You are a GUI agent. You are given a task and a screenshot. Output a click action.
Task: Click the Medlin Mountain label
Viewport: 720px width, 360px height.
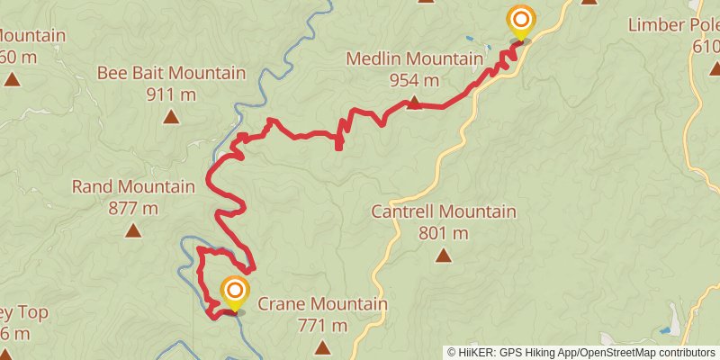tap(414, 59)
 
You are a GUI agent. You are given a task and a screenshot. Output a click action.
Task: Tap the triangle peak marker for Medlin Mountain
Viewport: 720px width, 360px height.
tap(414, 103)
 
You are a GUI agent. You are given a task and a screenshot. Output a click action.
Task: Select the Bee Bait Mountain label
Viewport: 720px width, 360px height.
tap(171, 73)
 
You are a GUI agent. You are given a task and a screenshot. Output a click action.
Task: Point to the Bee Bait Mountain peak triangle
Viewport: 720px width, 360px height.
tap(171, 116)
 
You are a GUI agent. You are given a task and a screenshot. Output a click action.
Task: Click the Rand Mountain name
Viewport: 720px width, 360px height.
tap(133, 187)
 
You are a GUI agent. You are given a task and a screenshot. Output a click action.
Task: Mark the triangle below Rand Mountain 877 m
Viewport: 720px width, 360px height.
tap(133, 230)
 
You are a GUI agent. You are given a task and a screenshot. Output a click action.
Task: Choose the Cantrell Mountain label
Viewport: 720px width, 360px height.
tap(444, 212)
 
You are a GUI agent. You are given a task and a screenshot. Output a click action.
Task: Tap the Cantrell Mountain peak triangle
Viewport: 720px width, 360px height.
tap(444, 256)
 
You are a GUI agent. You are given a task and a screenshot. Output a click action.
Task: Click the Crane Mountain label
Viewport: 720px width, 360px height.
tap(322, 304)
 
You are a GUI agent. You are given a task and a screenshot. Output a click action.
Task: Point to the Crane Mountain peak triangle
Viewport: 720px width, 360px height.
tap(322, 346)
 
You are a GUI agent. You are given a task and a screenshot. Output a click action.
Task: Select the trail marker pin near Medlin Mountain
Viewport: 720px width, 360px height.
tap(520, 22)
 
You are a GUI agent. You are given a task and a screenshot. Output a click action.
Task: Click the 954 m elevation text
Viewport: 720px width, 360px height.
tap(414, 80)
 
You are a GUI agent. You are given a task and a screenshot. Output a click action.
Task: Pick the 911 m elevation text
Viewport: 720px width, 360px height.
tap(171, 94)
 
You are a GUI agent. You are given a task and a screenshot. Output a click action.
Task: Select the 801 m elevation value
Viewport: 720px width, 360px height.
tap(444, 233)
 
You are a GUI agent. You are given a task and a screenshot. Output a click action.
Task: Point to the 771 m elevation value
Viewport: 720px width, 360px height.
tap(322, 325)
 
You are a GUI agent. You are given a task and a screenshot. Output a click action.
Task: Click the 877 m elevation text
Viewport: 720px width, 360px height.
tap(133, 208)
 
